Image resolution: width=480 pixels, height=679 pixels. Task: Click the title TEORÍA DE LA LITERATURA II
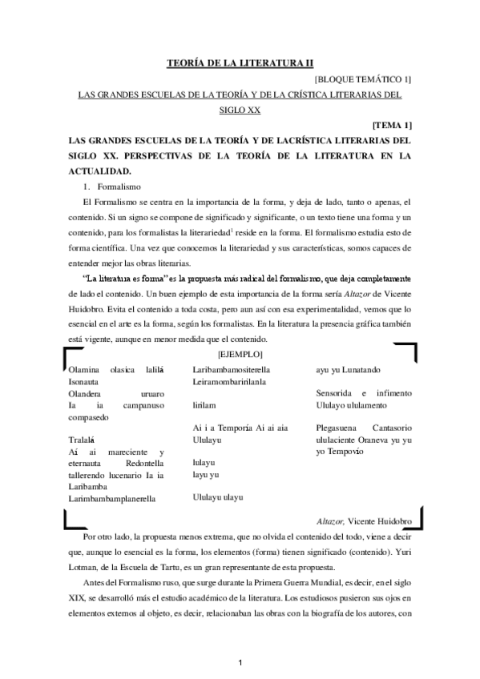[x=240, y=62]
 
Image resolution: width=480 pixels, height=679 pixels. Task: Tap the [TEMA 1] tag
[x=393, y=125]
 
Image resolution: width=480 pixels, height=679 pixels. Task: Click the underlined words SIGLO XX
[x=240, y=109]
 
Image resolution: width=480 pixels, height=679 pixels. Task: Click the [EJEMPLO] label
[x=241, y=354]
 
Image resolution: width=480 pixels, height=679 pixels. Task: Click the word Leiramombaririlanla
[x=232, y=381]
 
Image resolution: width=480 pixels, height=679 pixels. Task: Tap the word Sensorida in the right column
[x=336, y=393]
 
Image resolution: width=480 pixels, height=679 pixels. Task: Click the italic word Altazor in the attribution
[x=330, y=520]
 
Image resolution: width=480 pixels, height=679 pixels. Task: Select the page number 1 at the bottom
[x=240, y=662]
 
